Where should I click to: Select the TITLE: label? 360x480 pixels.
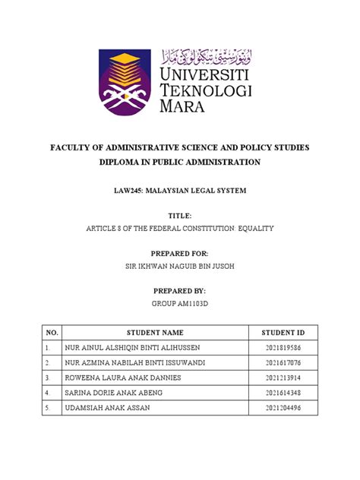[x=179, y=216]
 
